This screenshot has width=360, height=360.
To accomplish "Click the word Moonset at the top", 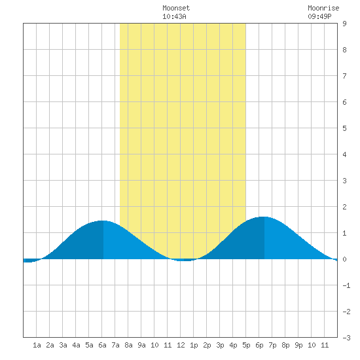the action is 176,8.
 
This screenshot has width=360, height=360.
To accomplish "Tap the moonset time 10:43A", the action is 174,16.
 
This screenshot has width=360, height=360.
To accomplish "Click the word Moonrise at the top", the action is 323,8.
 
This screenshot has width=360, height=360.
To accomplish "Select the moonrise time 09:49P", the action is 319,16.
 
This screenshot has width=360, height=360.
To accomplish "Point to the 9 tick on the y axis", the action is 344,24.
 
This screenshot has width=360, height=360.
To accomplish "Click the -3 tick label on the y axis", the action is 346,338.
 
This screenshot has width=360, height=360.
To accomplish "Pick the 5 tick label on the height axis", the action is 344,128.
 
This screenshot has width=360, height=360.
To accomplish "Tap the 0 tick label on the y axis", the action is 344,259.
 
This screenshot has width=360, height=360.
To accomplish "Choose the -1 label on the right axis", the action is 346,285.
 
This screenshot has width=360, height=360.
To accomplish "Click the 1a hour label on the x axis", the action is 37,345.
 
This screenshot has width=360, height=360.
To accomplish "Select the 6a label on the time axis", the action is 102,345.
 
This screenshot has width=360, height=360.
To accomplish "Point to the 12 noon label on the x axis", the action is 181,345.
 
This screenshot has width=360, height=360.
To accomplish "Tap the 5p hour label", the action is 246,345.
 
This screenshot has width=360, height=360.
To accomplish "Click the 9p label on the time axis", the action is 298,345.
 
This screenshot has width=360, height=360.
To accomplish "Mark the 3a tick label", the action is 63,345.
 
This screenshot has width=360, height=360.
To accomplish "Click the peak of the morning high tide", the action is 103,221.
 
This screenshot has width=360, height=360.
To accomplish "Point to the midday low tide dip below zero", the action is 184,260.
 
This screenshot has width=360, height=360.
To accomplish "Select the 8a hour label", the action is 128,345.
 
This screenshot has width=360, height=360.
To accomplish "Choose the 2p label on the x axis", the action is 207,345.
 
